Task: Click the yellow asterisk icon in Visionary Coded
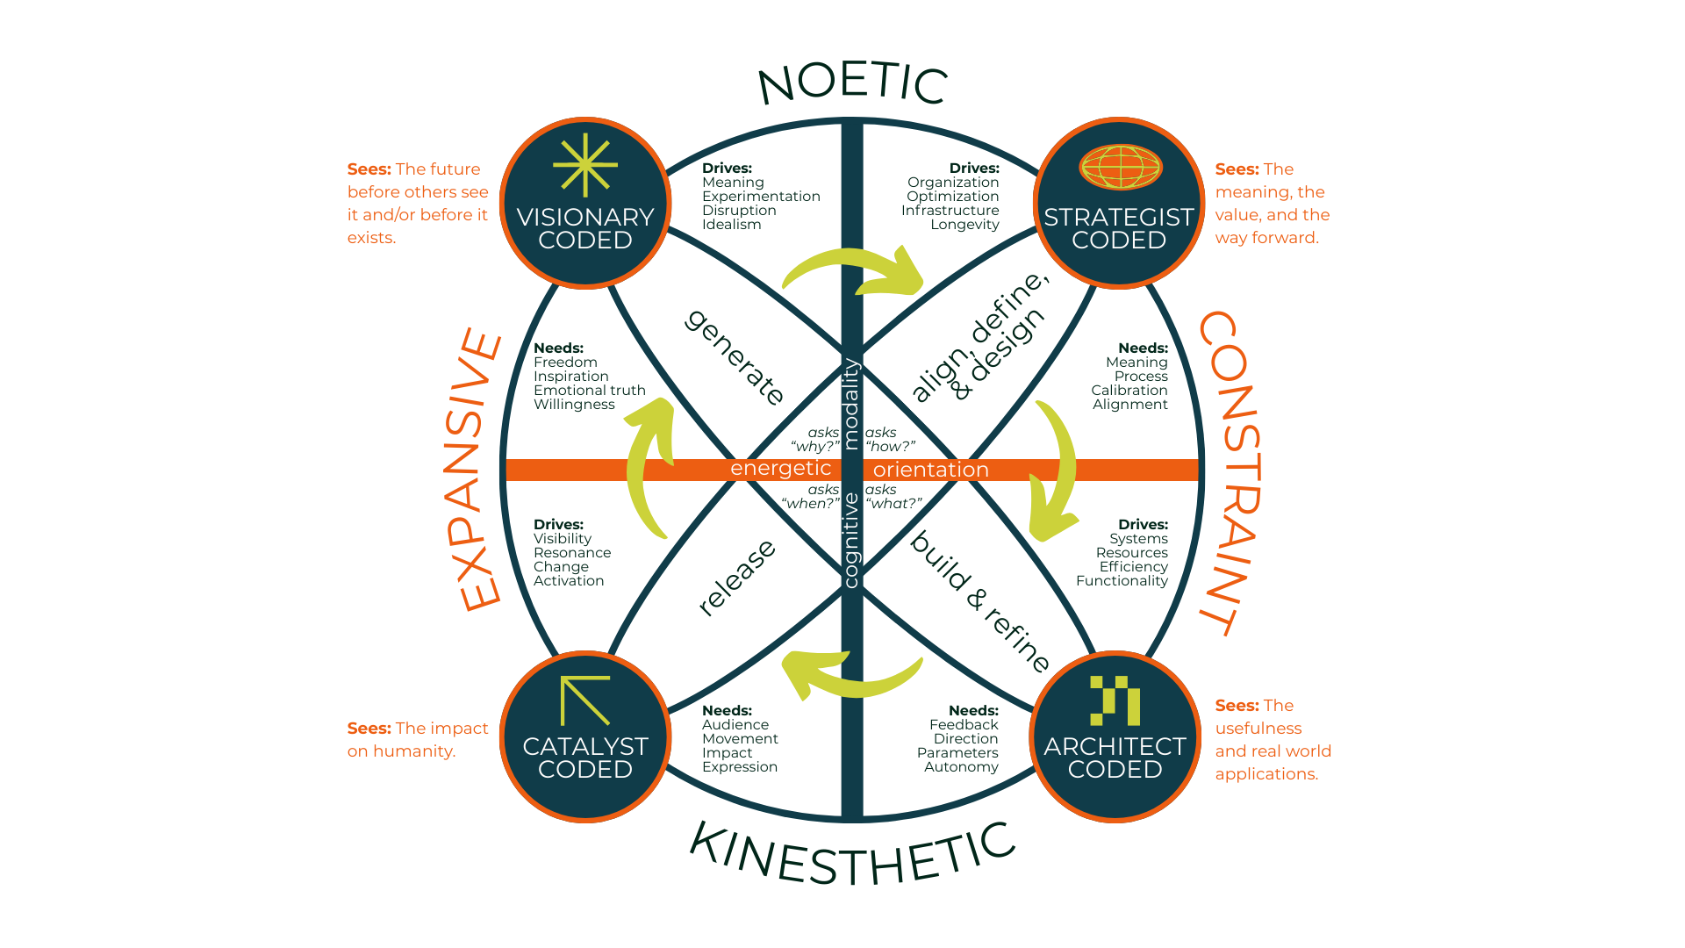[585, 165]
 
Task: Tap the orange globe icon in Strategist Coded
[1121, 167]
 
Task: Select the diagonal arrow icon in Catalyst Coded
[584, 700]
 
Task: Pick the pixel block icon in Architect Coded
[1115, 700]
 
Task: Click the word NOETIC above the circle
[852, 83]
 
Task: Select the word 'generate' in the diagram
[735, 357]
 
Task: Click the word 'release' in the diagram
[737, 578]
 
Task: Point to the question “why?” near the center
[815, 447]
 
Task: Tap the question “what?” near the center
[893, 504]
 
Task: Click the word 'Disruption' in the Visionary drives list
[739, 211]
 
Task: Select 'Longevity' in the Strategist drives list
[964, 225]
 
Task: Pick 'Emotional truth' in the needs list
[589, 391]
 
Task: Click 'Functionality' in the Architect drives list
[1122, 581]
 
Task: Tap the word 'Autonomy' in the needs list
[961, 767]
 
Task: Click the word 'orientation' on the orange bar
[930, 470]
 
